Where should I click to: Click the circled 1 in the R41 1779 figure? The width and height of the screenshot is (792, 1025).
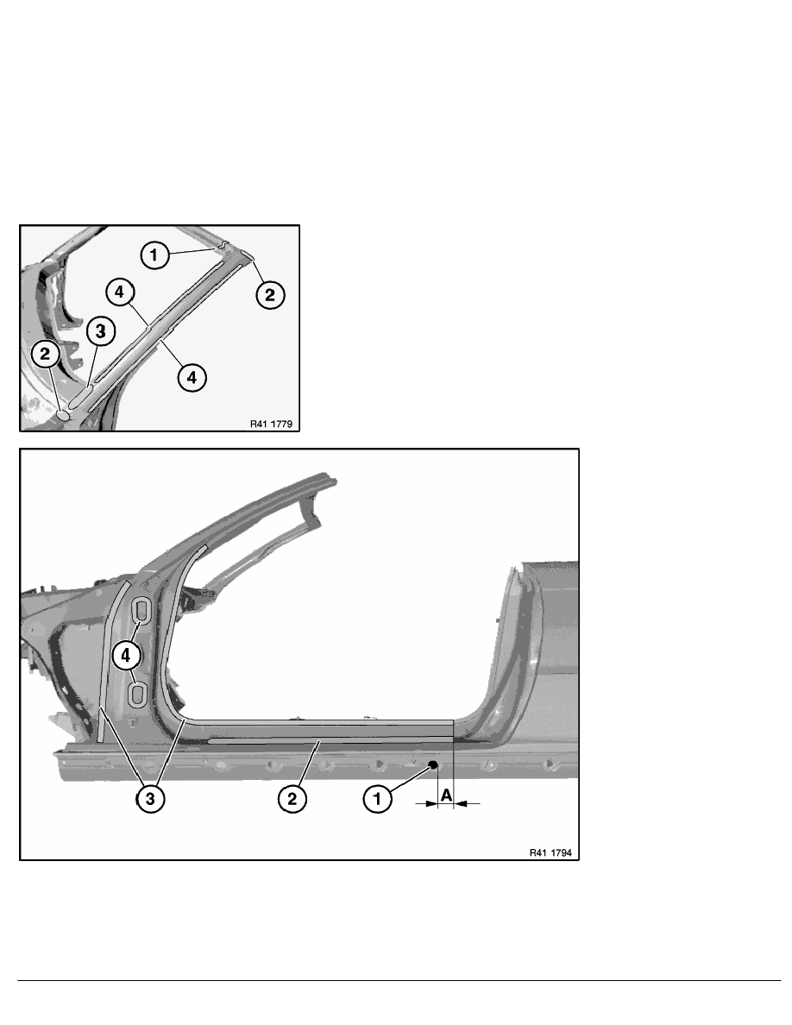point(154,255)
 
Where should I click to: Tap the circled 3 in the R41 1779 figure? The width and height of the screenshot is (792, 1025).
point(101,332)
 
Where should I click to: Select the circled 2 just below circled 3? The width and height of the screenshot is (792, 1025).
point(45,355)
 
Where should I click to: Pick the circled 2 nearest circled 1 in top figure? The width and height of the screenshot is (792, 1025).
point(270,295)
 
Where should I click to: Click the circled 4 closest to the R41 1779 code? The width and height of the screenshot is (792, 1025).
point(192,377)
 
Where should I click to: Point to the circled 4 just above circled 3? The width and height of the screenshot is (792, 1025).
point(120,292)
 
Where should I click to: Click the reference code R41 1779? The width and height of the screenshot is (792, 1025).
point(271,424)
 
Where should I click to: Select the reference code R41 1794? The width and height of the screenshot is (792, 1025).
point(550,852)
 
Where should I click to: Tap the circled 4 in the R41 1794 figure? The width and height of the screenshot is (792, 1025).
point(126,654)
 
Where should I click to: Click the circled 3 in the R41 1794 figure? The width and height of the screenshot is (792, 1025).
point(150,798)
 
